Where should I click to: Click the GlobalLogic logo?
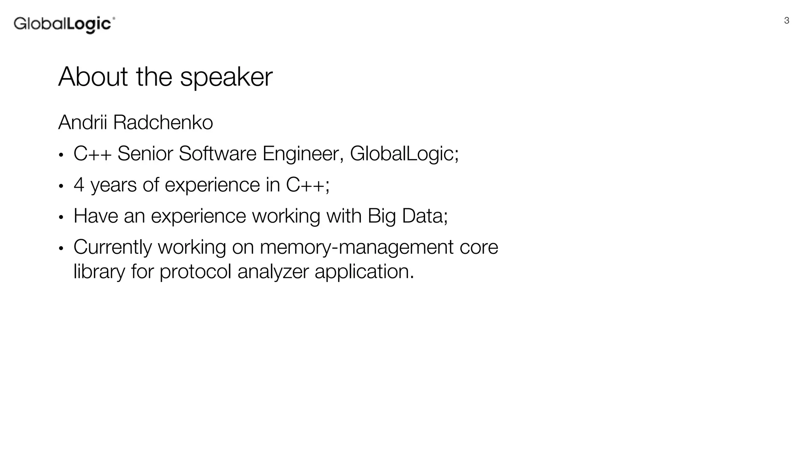pos(64,24)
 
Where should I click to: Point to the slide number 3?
pos(787,21)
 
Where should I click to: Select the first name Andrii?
pos(82,122)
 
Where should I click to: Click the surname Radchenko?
pos(163,122)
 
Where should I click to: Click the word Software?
pos(218,154)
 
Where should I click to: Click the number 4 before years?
pos(79,185)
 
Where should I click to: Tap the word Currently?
pos(113,248)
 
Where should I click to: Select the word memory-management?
pos(356,248)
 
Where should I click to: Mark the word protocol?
pos(195,272)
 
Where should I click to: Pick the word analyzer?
pos(273,272)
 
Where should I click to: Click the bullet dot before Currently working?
pos(61,248)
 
